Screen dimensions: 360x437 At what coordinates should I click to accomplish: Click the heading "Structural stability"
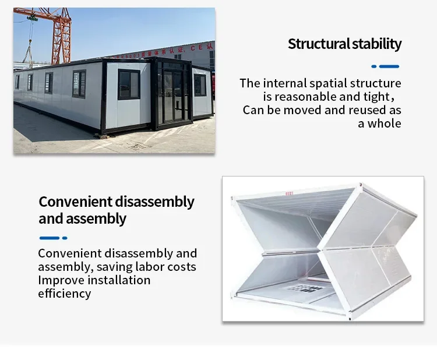(x=344, y=44)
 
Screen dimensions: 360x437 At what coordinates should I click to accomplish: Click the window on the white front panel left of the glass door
(x=129, y=84)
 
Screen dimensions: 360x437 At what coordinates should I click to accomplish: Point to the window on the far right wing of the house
(x=200, y=85)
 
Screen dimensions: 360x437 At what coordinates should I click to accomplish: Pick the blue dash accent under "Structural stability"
(x=385, y=66)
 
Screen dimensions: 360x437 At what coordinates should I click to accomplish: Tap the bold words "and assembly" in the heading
(x=82, y=219)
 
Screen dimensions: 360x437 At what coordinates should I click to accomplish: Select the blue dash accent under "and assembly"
(x=53, y=238)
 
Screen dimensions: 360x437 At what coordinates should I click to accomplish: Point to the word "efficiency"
(x=65, y=294)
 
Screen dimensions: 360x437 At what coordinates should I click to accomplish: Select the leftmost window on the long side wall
(x=17, y=82)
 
